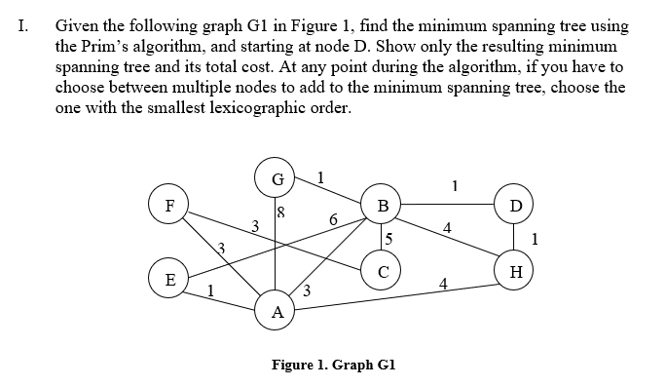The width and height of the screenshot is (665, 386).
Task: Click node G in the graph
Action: tap(277, 180)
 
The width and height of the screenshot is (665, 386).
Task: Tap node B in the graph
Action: tap(383, 206)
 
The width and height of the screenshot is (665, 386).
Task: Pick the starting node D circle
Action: tap(515, 206)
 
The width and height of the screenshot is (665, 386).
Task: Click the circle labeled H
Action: tap(515, 271)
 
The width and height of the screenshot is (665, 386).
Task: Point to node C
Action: tap(383, 271)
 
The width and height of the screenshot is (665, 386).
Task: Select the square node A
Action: tap(277, 312)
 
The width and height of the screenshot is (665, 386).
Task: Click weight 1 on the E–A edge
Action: tap(212, 288)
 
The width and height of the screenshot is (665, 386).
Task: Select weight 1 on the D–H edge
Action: tap(536, 238)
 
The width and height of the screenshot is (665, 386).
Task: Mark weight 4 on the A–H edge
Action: tap(443, 285)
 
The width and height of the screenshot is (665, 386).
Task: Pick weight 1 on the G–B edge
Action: tap(322, 176)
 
